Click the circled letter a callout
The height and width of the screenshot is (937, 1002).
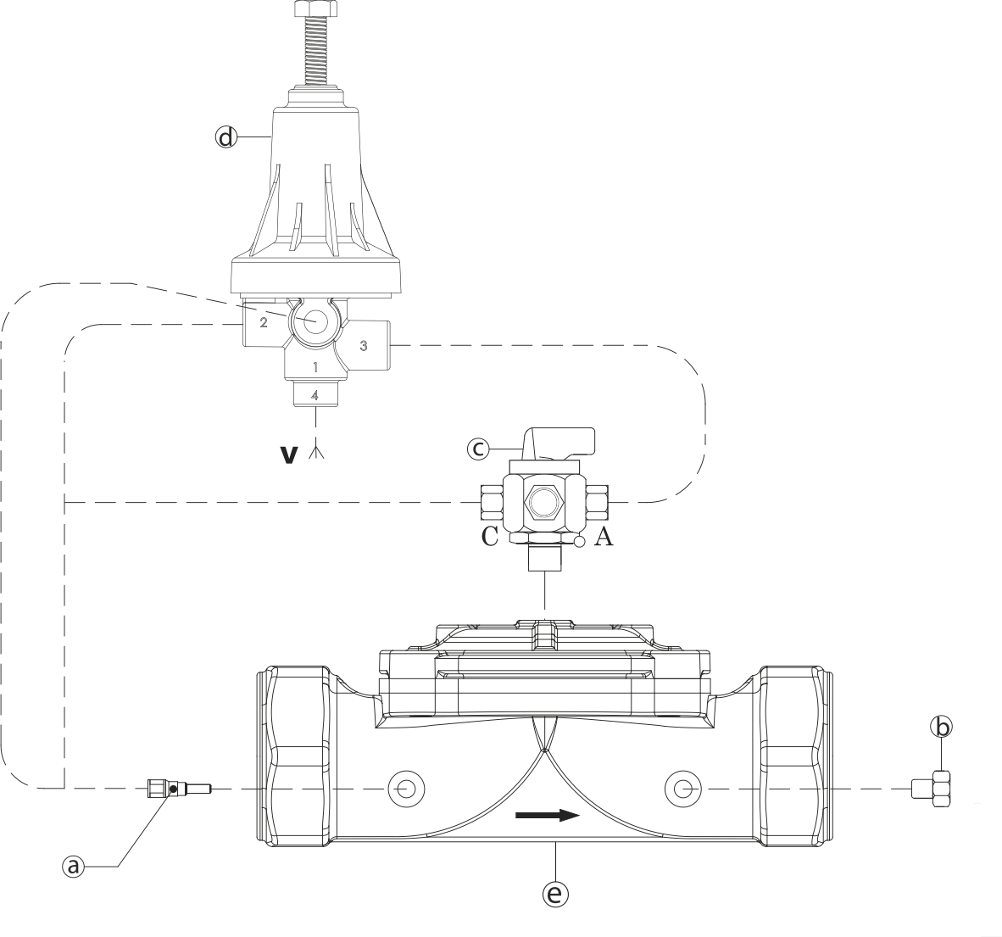click(74, 866)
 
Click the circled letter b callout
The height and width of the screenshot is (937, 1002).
click(941, 727)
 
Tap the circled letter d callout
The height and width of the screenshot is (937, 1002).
click(225, 137)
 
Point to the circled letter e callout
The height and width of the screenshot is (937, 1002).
click(556, 893)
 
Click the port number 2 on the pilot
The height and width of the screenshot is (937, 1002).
click(263, 323)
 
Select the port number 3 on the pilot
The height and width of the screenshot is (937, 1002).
click(363, 345)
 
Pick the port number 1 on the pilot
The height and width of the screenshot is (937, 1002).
click(315, 367)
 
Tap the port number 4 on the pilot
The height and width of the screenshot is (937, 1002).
click(315, 395)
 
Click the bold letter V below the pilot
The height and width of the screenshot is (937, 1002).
click(289, 455)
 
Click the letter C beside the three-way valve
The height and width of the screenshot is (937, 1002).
click(489, 538)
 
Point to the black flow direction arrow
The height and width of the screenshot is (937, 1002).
click(548, 816)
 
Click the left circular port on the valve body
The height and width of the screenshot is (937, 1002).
click(404, 789)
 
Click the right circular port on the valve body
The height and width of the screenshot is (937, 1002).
click(682, 789)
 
